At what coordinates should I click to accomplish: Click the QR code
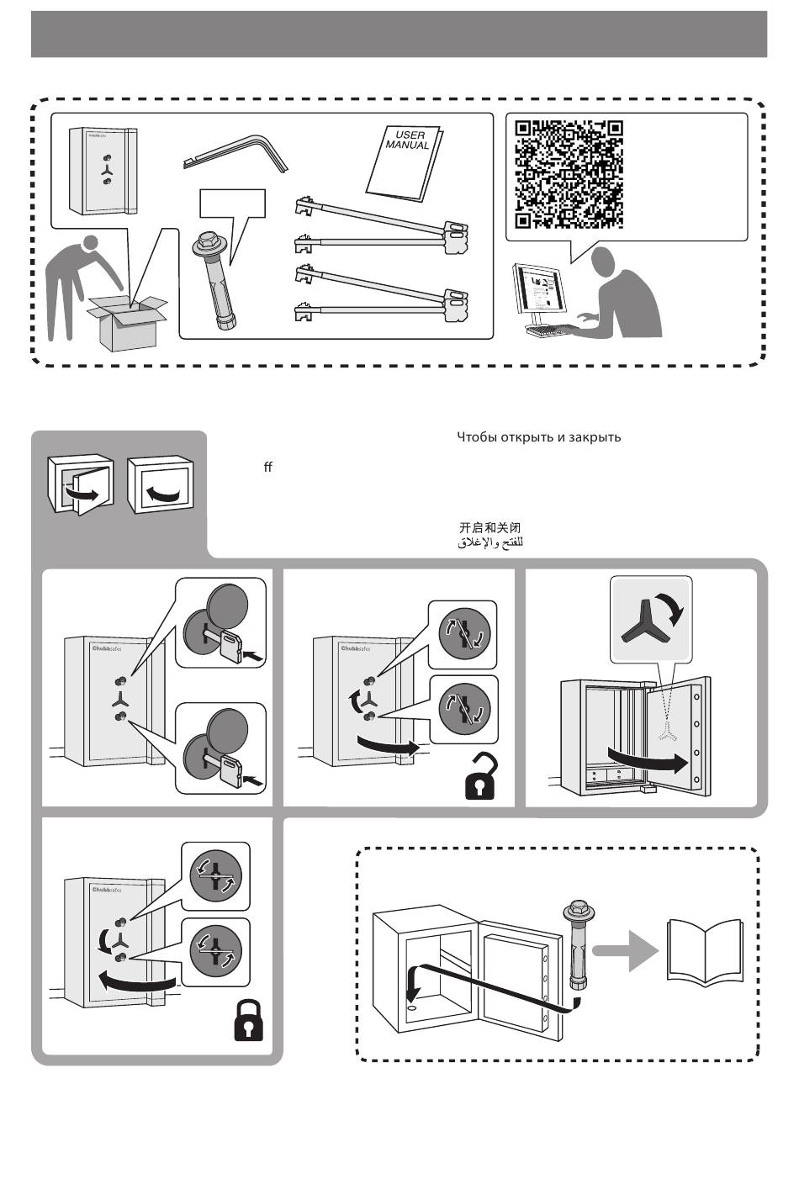(569, 174)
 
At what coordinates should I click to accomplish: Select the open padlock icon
(481, 780)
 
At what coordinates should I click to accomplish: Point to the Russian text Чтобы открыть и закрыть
(538, 437)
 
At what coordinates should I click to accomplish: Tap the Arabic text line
(490, 543)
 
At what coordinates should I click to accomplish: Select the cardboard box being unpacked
(128, 323)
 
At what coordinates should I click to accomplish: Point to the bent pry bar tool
(235, 151)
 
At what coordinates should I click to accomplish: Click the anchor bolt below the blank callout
(217, 283)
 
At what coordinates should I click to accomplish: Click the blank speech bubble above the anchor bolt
(232, 204)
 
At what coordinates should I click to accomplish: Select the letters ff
(267, 467)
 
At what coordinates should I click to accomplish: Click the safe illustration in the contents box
(102, 171)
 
